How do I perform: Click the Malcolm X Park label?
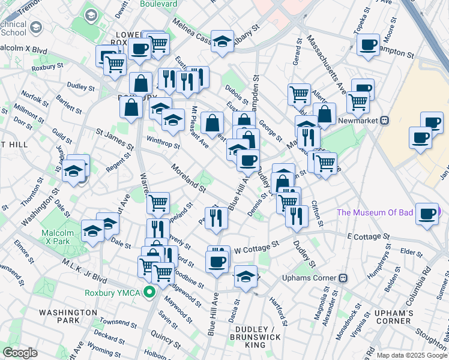point(57,238)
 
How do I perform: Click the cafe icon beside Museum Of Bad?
point(428,214)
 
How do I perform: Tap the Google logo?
point(21,352)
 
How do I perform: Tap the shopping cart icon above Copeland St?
point(158,203)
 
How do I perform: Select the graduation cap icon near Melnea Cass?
point(222,42)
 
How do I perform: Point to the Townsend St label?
point(111,309)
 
